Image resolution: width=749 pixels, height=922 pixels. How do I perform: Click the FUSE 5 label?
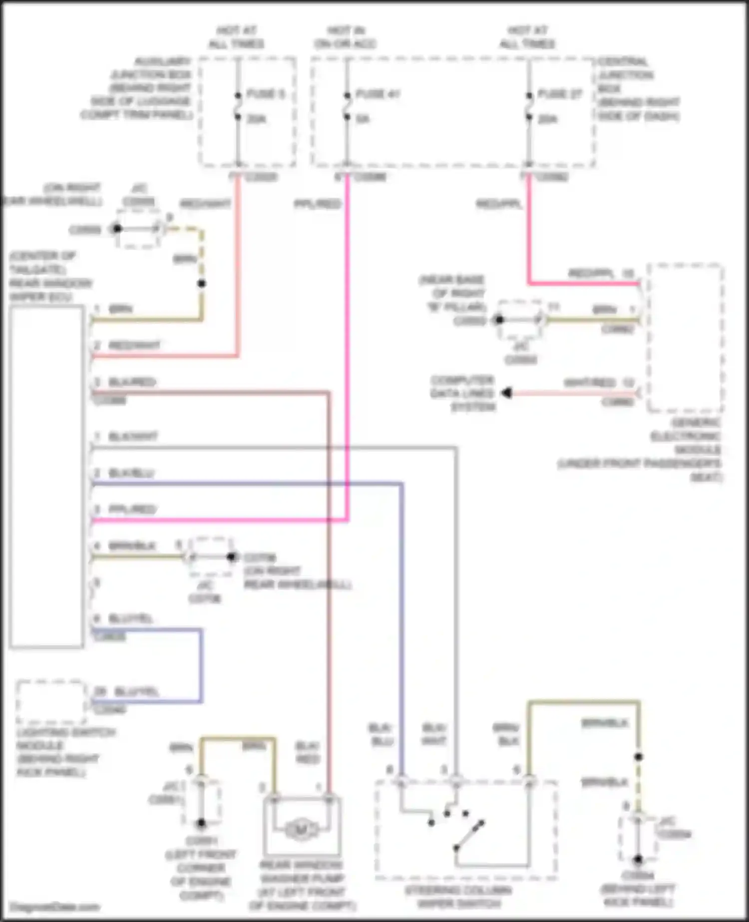point(265,94)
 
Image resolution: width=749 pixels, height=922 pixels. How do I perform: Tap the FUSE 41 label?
point(378,94)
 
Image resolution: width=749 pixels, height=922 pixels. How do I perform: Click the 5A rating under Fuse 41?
point(363,119)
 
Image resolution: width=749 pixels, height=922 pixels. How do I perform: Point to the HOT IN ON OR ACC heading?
point(346,37)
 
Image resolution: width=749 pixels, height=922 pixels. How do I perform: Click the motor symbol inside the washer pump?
point(301,830)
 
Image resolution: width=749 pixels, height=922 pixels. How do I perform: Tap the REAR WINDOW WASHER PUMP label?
point(302,885)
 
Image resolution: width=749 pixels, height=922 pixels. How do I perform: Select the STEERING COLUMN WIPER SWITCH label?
point(458,897)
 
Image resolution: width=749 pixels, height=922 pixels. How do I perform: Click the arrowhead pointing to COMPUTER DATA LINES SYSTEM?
point(506,393)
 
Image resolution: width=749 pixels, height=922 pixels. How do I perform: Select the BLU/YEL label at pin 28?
point(136,692)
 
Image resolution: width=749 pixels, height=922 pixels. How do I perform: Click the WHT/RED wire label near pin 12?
point(590,383)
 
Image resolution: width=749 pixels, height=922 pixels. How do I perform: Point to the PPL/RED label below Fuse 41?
point(318,204)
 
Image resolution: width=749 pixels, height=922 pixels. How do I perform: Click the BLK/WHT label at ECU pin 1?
point(133,437)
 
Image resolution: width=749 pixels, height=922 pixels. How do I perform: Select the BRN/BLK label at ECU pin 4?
point(132,546)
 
